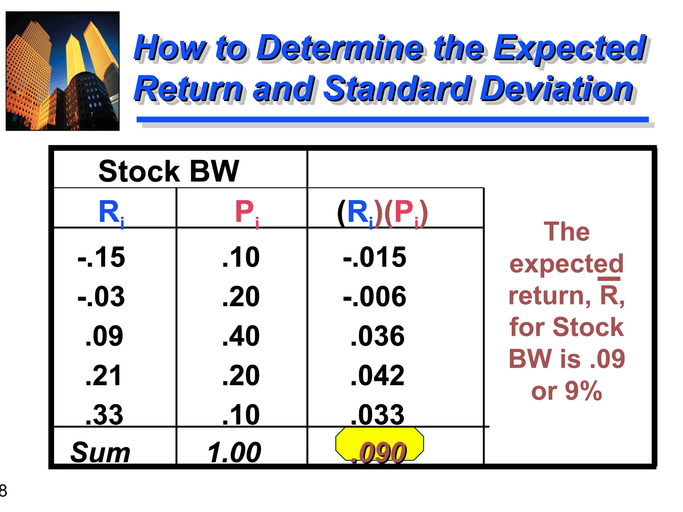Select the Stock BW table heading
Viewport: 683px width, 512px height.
(169, 171)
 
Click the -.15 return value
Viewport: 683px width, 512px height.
(101, 257)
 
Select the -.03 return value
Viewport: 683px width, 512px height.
(101, 296)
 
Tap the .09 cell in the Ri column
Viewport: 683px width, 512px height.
(104, 336)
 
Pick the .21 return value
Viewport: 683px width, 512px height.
(103, 375)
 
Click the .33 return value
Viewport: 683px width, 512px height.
(104, 415)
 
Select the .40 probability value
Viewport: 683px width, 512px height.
(241, 336)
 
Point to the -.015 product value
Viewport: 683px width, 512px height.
(375, 257)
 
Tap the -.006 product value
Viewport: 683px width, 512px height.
(375, 296)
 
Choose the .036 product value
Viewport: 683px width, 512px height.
(378, 336)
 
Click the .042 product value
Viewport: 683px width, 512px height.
(378, 375)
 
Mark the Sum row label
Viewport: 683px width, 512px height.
(100, 452)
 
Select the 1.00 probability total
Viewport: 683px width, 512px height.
(234, 452)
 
